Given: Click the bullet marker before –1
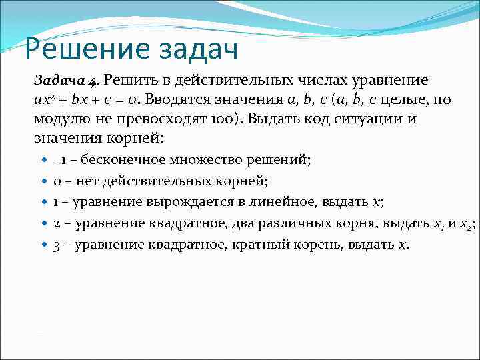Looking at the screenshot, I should (44, 160).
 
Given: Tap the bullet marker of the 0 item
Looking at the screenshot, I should (44, 181).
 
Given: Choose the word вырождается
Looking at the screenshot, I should (169, 202).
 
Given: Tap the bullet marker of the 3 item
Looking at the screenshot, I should (44, 245).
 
